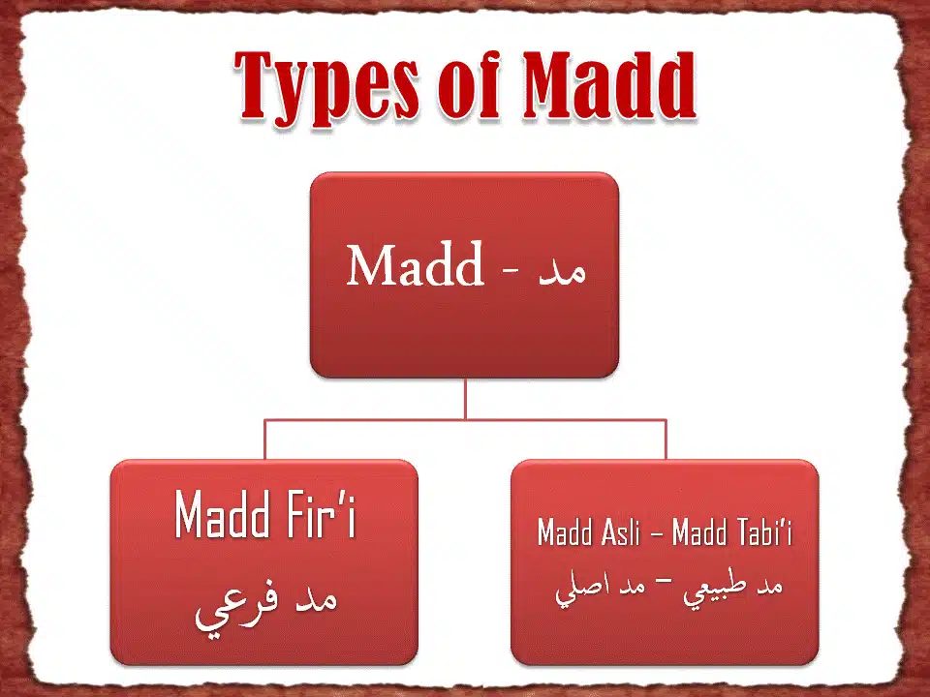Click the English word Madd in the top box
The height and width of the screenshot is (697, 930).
pyautogui.click(x=416, y=265)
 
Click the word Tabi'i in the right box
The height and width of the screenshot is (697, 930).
pyautogui.click(x=761, y=533)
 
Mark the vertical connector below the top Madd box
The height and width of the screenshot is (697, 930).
pyautogui.click(x=465, y=398)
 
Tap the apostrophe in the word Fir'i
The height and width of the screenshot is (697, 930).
pyautogui.click(x=341, y=502)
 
